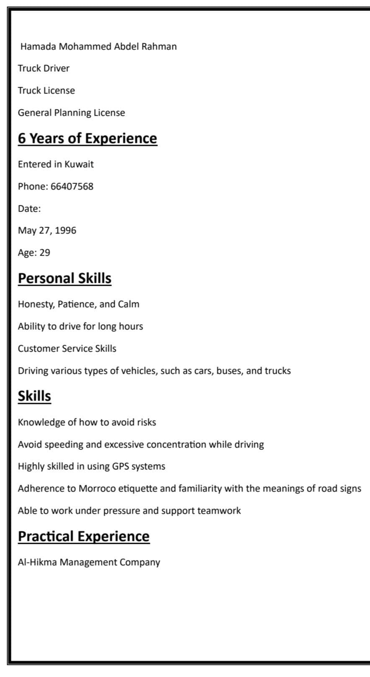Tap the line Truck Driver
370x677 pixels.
(44, 68)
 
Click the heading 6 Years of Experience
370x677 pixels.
(87, 138)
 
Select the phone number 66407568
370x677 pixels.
(72, 186)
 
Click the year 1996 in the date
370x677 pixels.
(66, 230)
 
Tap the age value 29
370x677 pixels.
(45, 253)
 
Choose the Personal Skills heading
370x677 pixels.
(64, 278)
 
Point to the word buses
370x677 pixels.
(229, 371)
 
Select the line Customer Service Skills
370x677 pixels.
(67, 349)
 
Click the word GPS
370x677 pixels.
(120, 466)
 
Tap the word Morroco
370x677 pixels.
(97, 488)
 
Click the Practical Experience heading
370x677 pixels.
(83, 536)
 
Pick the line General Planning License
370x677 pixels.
(71, 113)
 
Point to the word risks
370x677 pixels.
(146, 422)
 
